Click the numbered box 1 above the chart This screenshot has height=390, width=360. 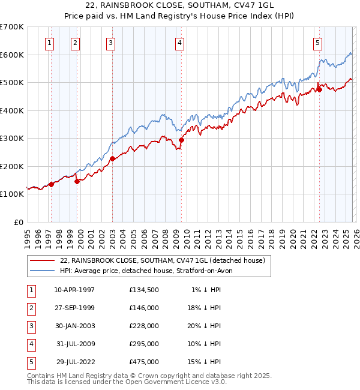coord(49,42)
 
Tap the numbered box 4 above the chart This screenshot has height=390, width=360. coord(180,42)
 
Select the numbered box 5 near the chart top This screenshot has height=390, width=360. coord(317,42)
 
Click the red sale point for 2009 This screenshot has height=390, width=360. coord(181,140)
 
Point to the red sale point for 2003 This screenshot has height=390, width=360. coord(112,159)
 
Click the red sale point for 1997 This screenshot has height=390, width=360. coord(51,185)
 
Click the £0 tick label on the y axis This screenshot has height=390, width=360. coord(19,222)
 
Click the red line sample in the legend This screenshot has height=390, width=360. coord(42,260)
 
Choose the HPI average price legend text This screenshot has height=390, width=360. coord(150,271)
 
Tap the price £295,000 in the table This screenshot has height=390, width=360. coord(143,344)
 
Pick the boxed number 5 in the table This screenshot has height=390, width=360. coord(31,362)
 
